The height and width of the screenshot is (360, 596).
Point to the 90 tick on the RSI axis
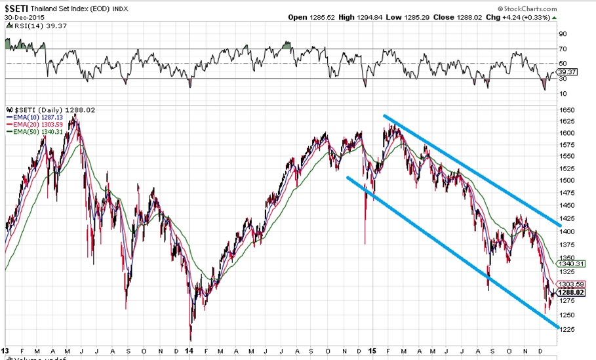pos(563,33)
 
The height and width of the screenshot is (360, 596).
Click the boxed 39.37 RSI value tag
pos(565,73)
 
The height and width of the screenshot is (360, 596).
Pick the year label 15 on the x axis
pos(372,351)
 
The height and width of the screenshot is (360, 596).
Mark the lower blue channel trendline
pos(452,253)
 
